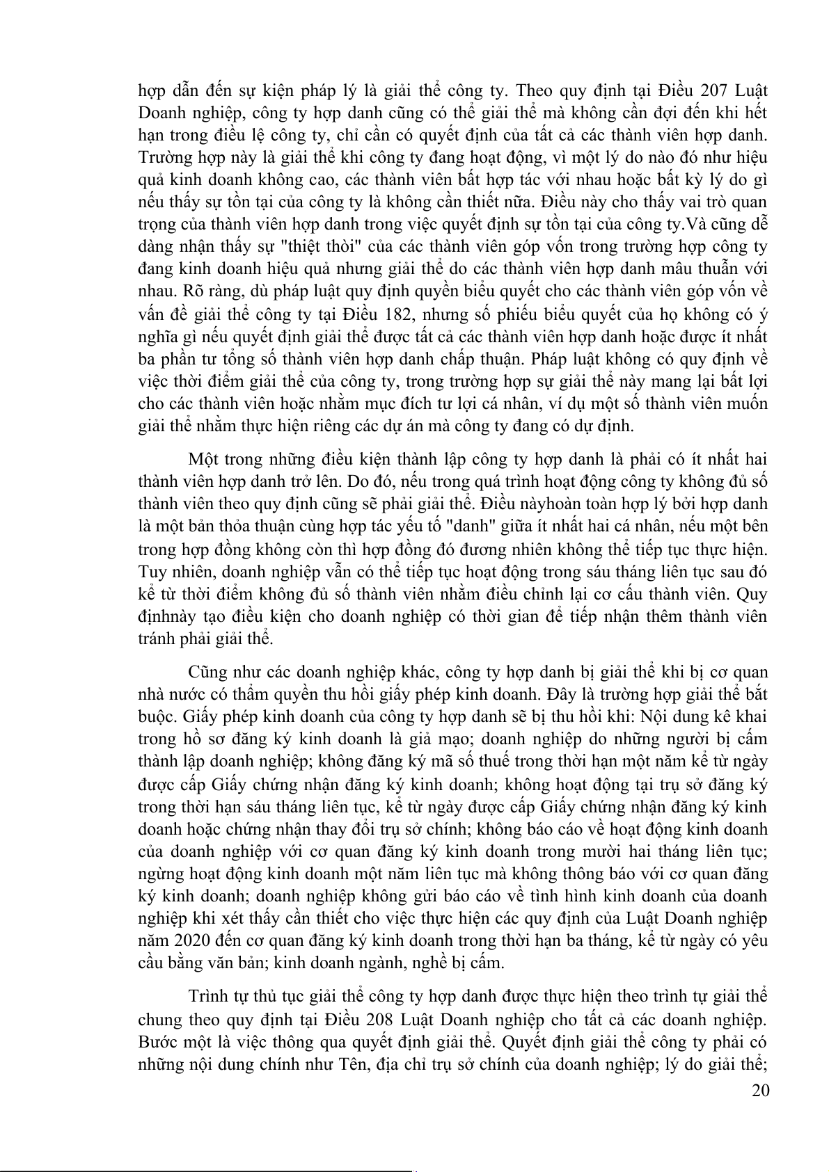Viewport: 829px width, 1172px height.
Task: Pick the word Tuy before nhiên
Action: [x=151, y=572]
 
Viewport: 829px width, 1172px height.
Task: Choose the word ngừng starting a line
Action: [x=159, y=874]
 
